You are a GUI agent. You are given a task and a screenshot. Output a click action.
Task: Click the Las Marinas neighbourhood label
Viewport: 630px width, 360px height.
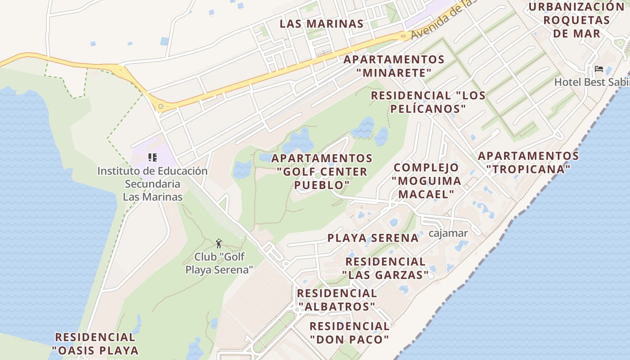tap(321, 24)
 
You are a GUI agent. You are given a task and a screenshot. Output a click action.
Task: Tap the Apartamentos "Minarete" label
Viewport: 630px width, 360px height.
tap(394, 66)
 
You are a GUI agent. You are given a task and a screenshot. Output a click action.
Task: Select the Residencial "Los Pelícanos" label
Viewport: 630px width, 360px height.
tap(428, 102)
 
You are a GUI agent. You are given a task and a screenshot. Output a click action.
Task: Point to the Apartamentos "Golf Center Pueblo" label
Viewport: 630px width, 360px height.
tap(322, 171)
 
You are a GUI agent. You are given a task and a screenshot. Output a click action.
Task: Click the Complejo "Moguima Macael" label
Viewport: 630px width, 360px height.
tap(426, 180)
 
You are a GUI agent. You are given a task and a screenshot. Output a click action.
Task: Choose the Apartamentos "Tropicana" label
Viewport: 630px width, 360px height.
tap(528, 162)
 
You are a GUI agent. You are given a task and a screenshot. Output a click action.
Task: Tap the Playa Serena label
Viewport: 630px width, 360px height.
tap(373, 238)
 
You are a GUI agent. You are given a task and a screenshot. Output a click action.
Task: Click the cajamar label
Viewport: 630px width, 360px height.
tap(448, 233)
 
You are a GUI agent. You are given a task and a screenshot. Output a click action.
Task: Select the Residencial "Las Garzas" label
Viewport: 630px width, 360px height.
tap(385, 268)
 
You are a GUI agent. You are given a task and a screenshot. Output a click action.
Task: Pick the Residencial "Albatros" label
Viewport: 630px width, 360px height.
tap(337, 300)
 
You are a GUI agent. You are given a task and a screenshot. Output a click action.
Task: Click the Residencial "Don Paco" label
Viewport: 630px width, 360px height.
tap(349, 333)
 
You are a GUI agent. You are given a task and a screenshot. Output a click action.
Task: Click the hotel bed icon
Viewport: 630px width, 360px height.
tap(599, 69)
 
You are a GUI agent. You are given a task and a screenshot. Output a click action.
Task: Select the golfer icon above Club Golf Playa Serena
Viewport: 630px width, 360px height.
tap(219, 244)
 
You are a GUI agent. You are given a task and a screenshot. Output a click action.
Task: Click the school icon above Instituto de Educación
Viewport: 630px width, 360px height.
tap(153, 157)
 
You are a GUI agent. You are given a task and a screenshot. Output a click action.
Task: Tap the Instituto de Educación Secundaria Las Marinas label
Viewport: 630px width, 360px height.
tap(153, 184)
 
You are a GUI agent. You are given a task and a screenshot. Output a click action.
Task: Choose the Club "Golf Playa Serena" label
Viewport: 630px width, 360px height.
tap(219, 263)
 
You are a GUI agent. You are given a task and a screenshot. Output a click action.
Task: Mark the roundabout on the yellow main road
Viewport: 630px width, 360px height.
tap(161, 107)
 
